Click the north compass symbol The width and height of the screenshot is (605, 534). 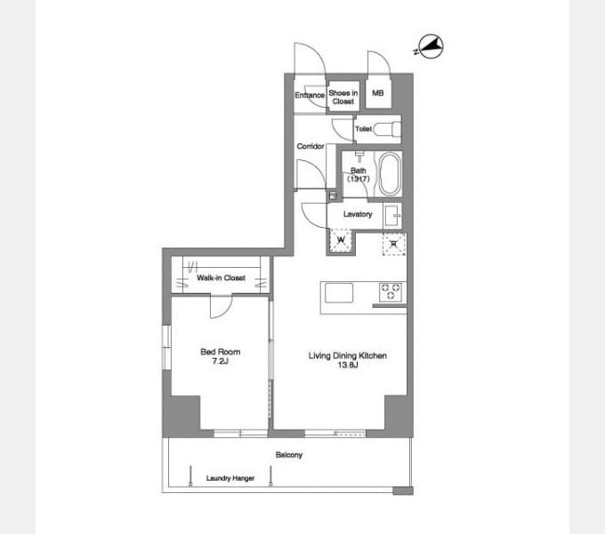pos(431,46)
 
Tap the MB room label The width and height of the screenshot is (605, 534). pos(378,93)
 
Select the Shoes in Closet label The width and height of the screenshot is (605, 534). pos(343,97)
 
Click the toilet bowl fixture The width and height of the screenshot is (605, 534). pos(387,129)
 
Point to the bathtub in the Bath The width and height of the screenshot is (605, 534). pos(390,174)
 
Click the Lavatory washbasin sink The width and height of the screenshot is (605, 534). pos(393,216)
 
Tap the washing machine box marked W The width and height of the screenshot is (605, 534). pos(341,240)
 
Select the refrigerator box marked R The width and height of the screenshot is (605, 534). pos(394,244)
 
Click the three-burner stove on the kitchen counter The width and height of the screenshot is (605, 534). pos(391,292)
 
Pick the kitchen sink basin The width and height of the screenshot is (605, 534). pos(339,293)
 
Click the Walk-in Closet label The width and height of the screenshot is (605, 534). pos(221,278)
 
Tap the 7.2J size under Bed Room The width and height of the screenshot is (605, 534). pos(220,361)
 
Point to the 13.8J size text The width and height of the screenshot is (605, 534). pos(348,365)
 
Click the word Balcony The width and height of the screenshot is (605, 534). pos(289,455)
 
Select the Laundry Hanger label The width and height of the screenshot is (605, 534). pos(230,478)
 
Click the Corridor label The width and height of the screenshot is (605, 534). pos(311,146)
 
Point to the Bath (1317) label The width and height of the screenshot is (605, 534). pos(358,174)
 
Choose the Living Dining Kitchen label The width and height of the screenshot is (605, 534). pos(348,355)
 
